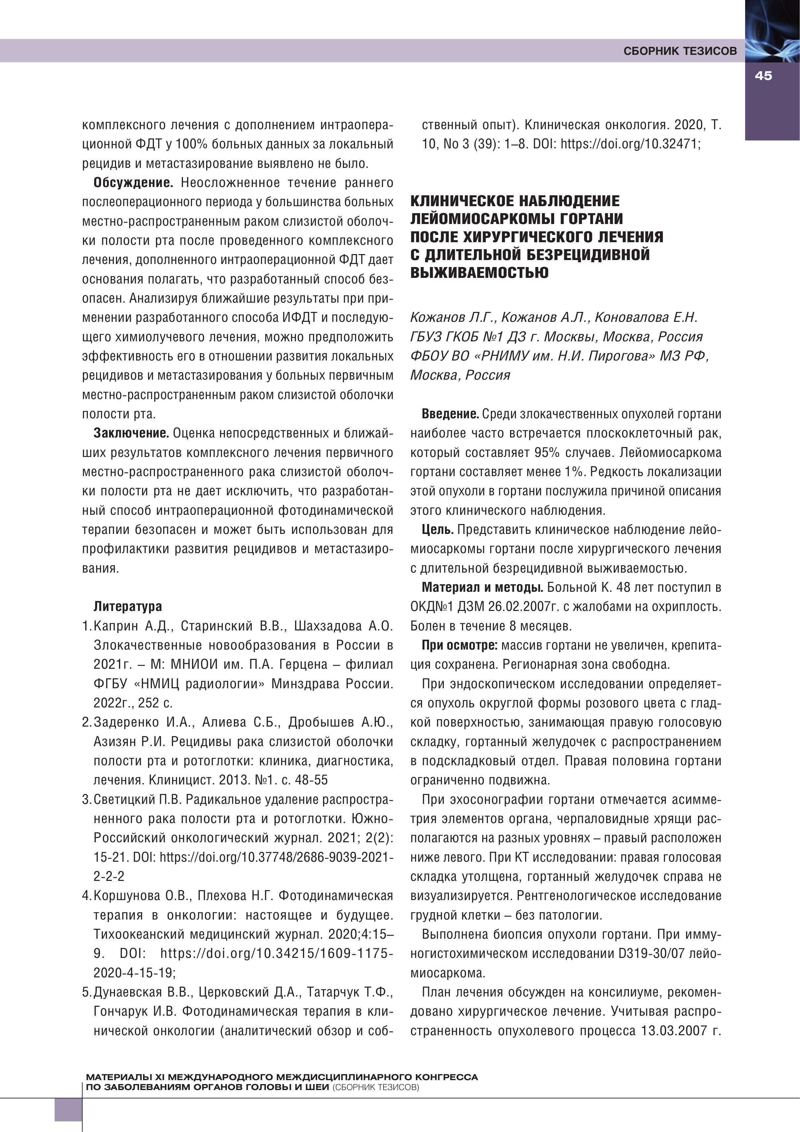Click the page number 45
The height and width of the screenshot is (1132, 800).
coord(763,76)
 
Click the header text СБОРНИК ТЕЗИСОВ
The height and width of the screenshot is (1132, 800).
coord(680,51)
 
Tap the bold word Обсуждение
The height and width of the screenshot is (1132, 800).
coord(133,183)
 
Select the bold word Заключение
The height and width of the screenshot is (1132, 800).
coord(131,434)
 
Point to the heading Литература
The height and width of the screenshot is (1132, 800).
coord(128,606)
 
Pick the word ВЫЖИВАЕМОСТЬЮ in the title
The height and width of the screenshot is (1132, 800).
coord(479,273)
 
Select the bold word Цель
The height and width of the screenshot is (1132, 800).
coord(438,530)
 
